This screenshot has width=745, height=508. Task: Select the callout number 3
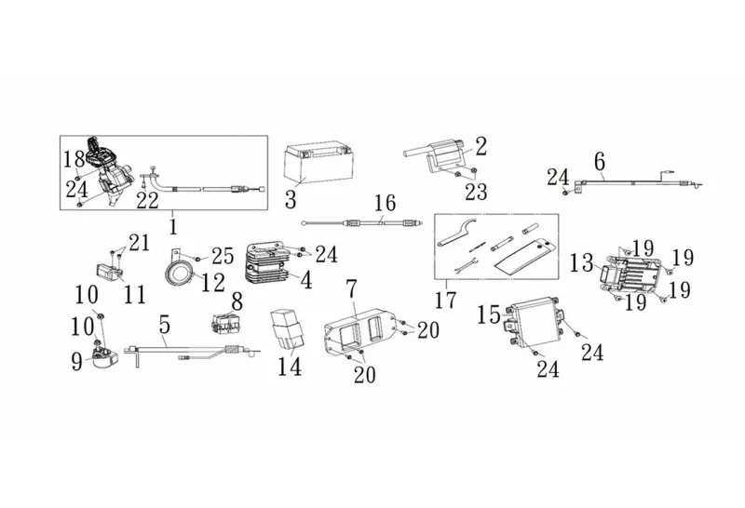[x=291, y=198]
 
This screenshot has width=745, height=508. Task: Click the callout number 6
[x=599, y=157]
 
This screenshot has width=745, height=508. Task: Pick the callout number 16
[x=385, y=202]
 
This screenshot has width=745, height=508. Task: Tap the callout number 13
[x=581, y=262]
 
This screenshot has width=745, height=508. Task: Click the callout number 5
[x=165, y=326]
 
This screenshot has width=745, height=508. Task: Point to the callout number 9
[x=76, y=360]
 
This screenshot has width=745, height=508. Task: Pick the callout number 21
[x=139, y=243]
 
